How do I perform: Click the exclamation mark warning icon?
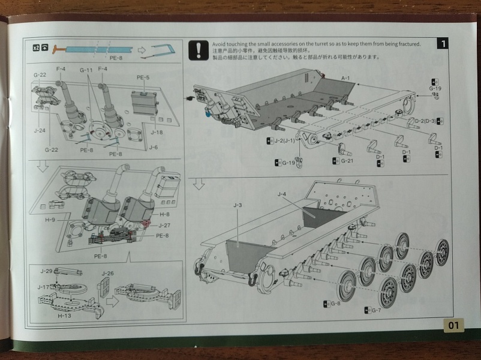(197, 51)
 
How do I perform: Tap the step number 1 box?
(442, 44)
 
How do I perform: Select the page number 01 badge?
(453, 326)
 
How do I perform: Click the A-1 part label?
(345, 79)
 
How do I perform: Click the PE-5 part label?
(143, 77)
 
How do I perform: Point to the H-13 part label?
(64, 314)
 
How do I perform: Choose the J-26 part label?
(107, 274)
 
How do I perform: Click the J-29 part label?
(47, 271)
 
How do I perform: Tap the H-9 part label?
(50, 220)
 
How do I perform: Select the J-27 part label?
(164, 225)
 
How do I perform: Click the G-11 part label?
(86, 70)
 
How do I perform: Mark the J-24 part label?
(40, 130)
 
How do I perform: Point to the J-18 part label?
(157, 132)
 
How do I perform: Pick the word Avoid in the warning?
(220, 44)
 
